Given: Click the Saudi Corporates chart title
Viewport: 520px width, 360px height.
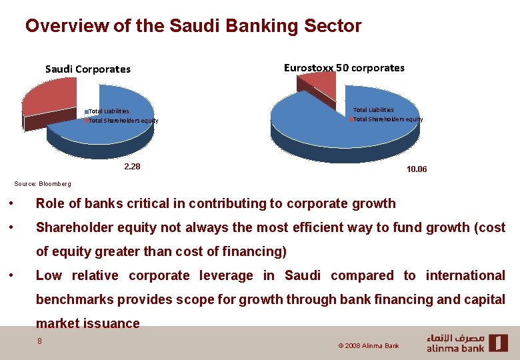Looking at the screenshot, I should tap(87, 69).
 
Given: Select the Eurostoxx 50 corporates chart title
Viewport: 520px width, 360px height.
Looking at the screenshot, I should tap(344, 67).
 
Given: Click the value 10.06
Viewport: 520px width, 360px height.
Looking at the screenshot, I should tap(417, 169).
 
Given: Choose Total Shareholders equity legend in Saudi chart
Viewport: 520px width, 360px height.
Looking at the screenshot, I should tap(123, 121).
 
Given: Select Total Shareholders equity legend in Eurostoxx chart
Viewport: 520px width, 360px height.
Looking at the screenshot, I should tap(387, 119).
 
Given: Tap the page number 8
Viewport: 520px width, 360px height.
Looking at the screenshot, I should tap(40, 341).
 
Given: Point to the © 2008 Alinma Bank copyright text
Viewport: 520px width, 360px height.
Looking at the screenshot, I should tap(368, 346).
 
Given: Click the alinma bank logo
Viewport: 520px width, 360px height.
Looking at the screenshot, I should tap(467, 343).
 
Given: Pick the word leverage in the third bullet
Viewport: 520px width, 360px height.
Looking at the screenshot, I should tap(224, 276).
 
